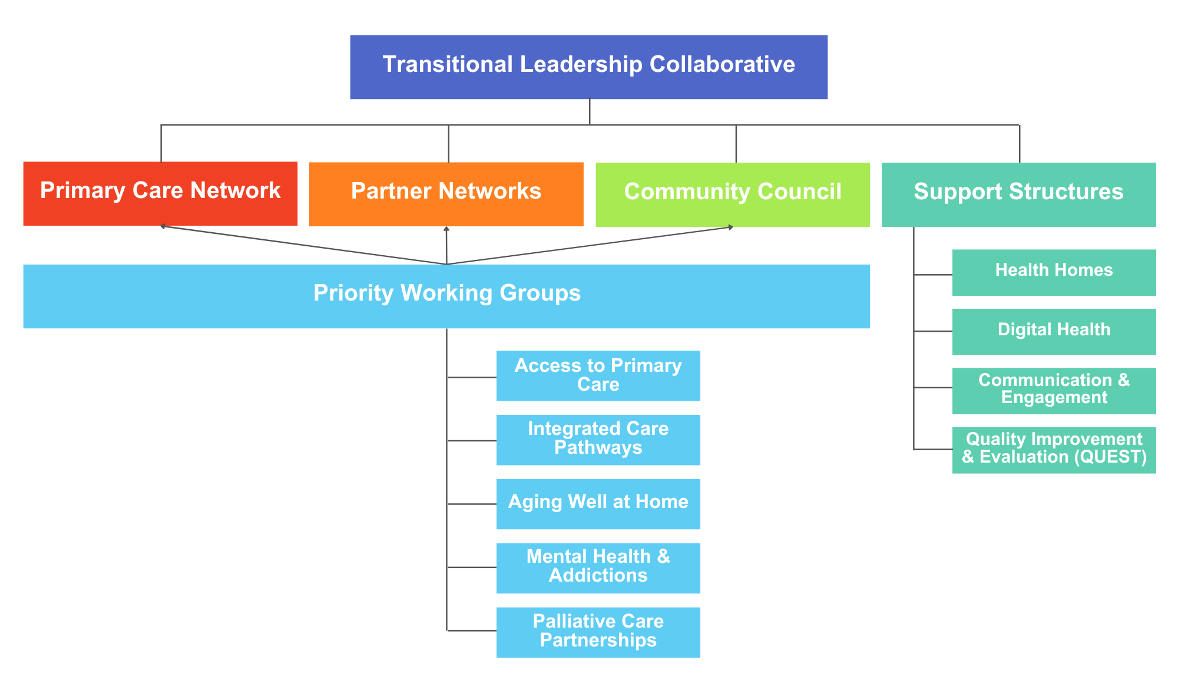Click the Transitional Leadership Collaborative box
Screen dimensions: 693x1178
588,67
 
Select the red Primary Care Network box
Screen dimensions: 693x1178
160,193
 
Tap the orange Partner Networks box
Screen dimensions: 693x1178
446,194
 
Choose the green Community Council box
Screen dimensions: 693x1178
733,194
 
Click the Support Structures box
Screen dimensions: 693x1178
1018,194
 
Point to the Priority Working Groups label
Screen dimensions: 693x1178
447,293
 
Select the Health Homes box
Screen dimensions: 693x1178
1054,272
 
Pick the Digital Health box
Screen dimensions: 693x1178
1054,331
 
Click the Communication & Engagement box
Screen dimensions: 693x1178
1054,391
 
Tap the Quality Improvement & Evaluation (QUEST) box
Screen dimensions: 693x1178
1054,450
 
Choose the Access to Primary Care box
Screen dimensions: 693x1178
598,375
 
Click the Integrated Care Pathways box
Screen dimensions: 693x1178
598,440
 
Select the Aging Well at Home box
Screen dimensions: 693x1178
598,504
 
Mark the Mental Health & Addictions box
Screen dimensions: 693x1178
598,568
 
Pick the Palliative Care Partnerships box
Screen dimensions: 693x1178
598,632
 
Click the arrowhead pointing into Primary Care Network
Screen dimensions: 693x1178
163,226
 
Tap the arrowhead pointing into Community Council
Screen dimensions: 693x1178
730,227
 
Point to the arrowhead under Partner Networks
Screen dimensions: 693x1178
446,229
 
